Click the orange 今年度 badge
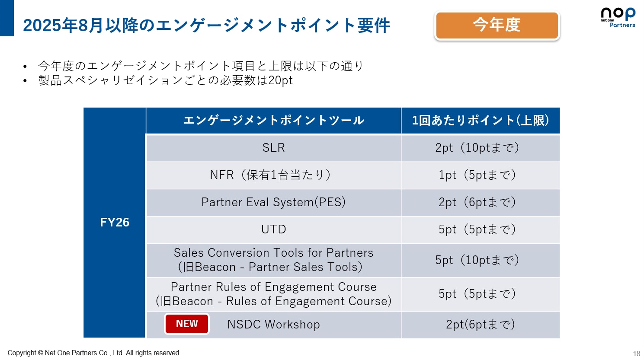(x=497, y=25)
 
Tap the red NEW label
(x=187, y=324)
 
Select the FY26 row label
(x=115, y=223)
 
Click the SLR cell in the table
(x=273, y=148)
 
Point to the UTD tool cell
(x=273, y=229)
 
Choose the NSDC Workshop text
(x=273, y=325)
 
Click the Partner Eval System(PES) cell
(x=273, y=202)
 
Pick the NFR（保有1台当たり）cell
(x=273, y=175)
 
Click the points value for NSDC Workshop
(x=481, y=325)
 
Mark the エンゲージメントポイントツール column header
(x=273, y=121)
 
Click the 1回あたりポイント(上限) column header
(x=481, y=121)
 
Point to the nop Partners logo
(x=618, y=17)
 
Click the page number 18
(x=636, y=354)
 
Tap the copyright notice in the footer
(x=94, y=353)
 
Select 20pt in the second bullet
(x=280, y=81)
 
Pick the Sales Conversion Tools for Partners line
(x=273, y=253)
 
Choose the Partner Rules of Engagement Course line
(x=273, y=287)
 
